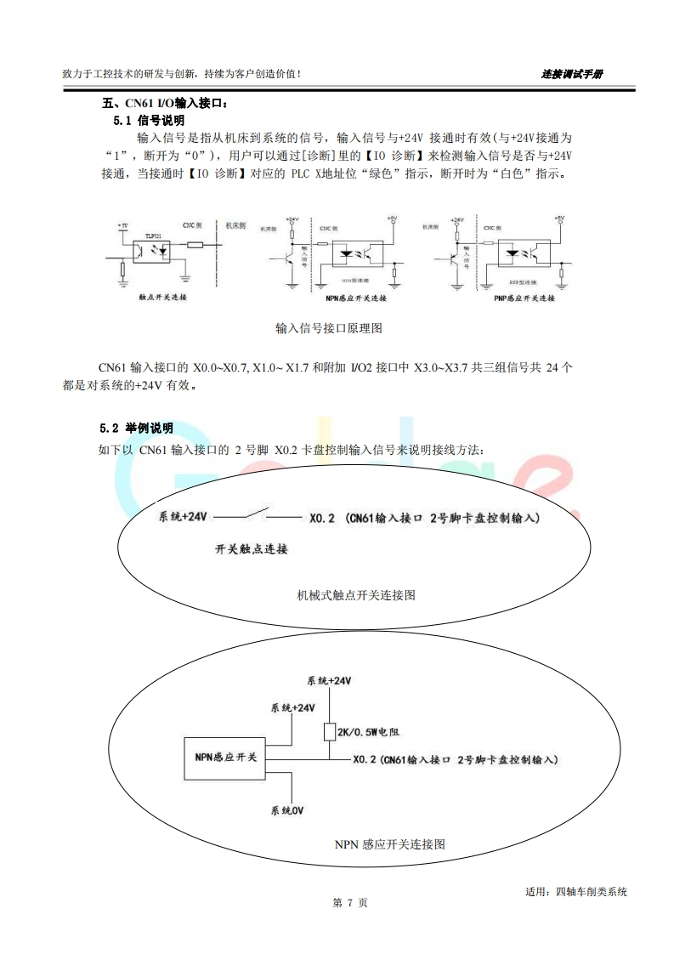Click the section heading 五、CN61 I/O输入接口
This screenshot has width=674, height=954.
point(166,105)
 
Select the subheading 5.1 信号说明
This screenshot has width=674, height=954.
point(149,121)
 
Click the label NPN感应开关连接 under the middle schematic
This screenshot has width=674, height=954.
point(355,299)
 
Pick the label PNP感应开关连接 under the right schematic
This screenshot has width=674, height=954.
point(524,299)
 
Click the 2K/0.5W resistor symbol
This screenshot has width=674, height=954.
point(329,730)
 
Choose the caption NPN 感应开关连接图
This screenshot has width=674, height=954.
point(389,844)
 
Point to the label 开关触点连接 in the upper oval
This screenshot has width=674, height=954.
point(252,548)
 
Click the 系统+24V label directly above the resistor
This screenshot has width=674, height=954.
point(329,682)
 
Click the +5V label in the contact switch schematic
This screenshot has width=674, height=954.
point(123,225)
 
